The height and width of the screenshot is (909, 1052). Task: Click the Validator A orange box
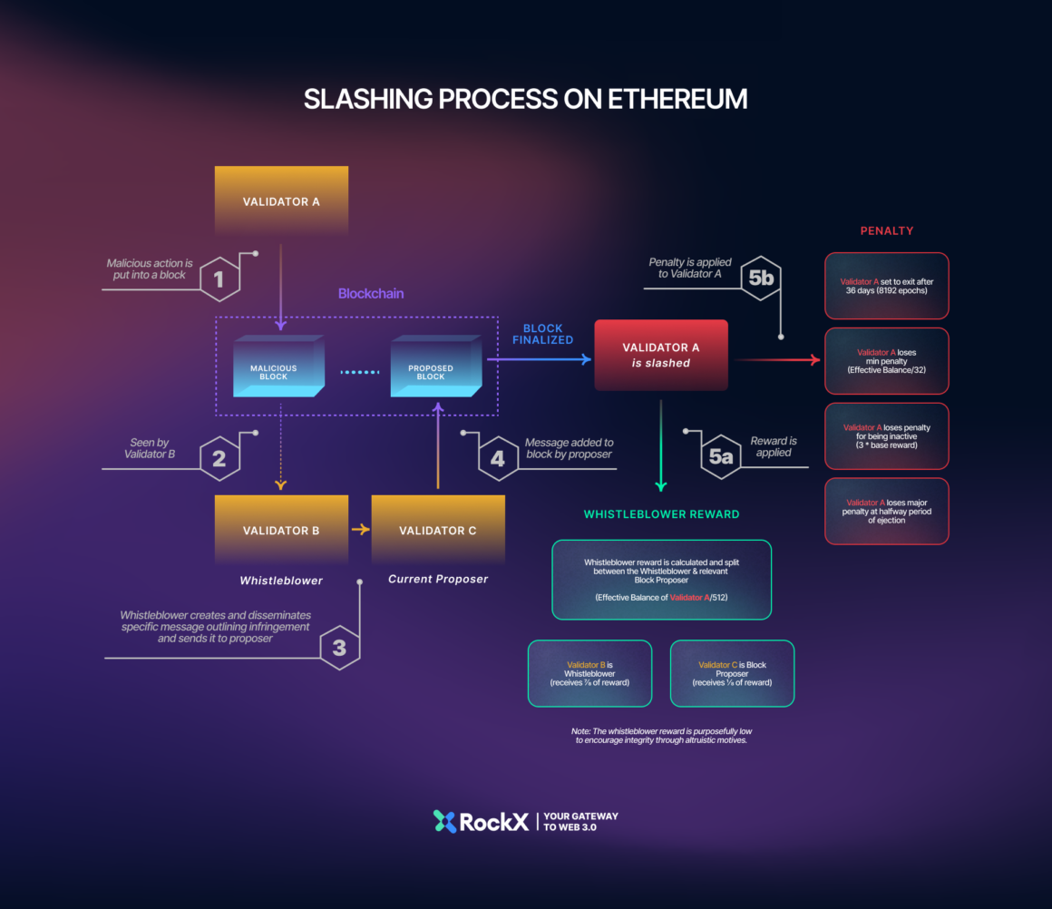click(281, 200)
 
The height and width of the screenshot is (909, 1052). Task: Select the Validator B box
click(281, 530)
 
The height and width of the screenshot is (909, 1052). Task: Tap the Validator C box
click(438, 530)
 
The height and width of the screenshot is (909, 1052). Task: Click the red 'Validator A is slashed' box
click(661, 355)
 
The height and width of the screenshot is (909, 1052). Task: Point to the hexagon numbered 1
click(219, 279)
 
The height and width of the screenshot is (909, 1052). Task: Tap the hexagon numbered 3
click(339, 648)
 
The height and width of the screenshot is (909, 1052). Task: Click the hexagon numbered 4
click(497, 458)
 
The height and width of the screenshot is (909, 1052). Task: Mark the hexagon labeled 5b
click(761, 279)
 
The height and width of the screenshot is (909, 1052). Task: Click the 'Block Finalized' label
click(542, 334)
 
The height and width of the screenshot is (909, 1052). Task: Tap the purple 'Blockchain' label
click(371, 294)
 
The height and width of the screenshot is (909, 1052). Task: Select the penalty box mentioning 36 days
click(886, 286)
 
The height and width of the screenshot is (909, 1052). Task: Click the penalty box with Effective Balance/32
click(886, 360)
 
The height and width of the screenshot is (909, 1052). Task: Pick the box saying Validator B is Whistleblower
click(589, 673)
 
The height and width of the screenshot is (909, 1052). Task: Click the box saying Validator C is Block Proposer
click(732, 673)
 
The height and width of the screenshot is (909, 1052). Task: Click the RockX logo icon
click(444, 822)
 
